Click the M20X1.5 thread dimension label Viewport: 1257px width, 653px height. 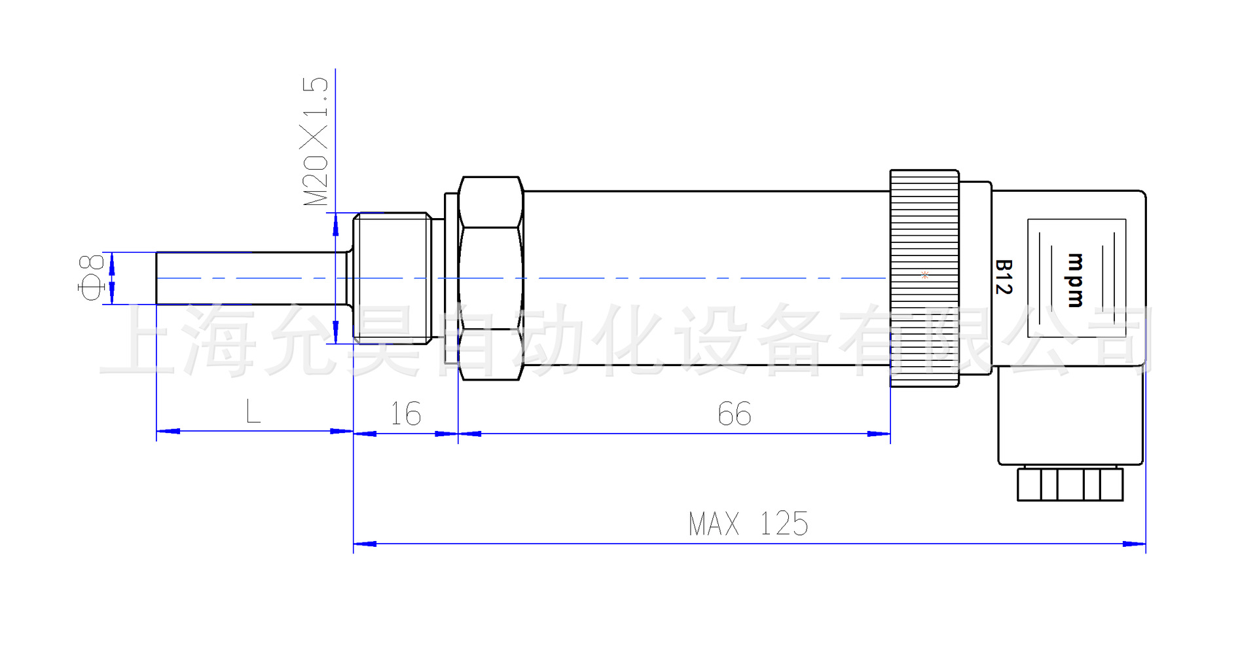pyautogui.click(x=315, y=141)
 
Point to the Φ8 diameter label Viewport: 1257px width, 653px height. pyautogui.click(x=91, y=278)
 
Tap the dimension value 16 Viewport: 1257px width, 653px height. pyautogui.click(x=406, y=414)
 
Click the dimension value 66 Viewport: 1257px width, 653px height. pyautogui.click(x=735, y=414)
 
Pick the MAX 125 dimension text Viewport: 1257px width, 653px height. pyautogui.click(x=748, y=524)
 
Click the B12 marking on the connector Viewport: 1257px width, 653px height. pyautogui.click(x=1004, y=277)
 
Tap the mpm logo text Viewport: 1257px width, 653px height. pyautogui.click(x=1075, y=280)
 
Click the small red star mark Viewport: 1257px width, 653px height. pyautogui.click(x=924, y=275)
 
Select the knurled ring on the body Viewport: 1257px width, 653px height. pyautogui.click(x=924, y=278)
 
